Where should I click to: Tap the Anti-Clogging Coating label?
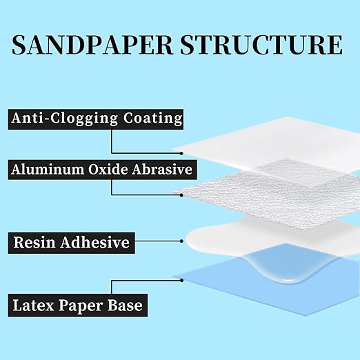point(97,118)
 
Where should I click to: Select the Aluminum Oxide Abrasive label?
point(101,169)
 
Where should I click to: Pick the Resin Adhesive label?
point(72,243)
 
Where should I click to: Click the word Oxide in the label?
point(114,169)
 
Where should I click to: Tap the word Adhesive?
point(98,243)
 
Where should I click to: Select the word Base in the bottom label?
point(123,304)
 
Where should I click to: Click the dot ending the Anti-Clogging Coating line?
point(181,152)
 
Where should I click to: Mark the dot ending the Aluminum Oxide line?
point(181,194)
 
